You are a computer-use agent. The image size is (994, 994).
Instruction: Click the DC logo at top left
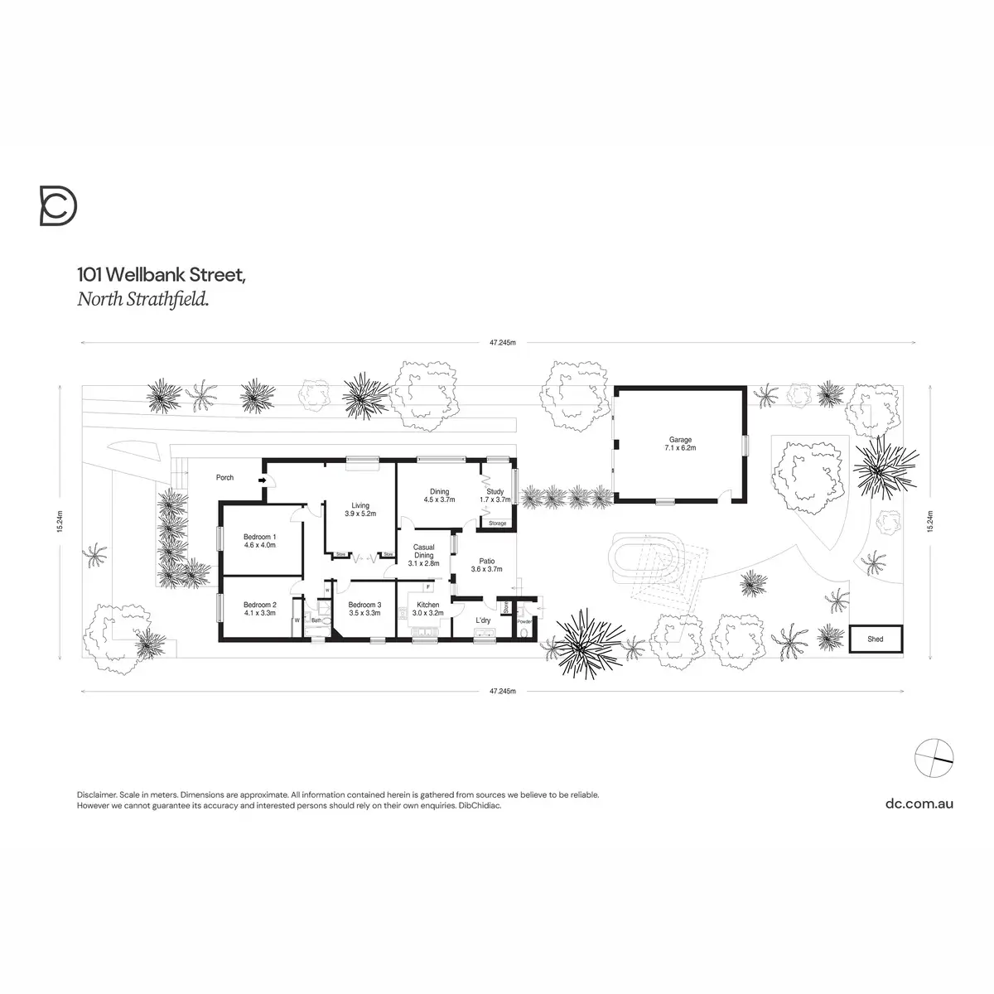[59, 206]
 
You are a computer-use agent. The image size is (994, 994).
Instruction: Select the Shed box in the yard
[876, 639]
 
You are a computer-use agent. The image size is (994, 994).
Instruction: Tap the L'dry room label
[484, 620]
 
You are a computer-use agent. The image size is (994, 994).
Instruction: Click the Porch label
[224, 478]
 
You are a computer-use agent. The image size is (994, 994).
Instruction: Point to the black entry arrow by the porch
[263, 480]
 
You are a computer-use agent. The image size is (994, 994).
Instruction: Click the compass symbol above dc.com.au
[933, 754]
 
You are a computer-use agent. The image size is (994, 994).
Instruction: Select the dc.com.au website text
[919, 803]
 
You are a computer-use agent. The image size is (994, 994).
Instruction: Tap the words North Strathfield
[142, 300]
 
